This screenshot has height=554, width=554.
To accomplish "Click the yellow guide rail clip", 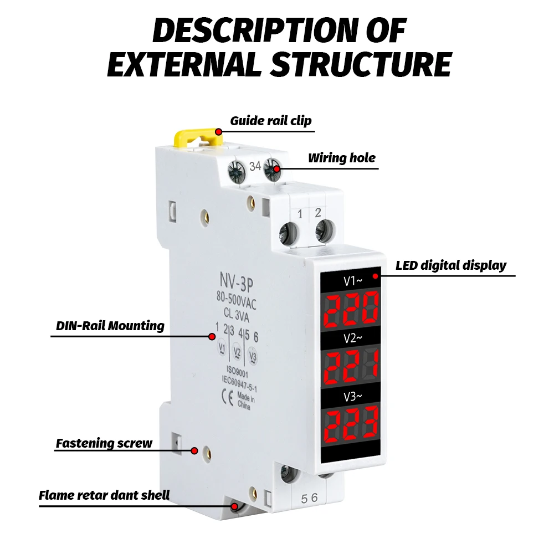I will tap(197, 136).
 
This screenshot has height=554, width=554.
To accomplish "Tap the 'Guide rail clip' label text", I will tap(271, 121).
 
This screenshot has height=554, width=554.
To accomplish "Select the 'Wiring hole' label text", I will tap(342, 158).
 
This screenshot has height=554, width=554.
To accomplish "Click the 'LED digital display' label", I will tap(451, 265).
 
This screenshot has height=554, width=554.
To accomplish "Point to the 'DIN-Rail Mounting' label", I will tap(110, 325).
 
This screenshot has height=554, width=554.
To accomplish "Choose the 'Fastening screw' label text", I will tap(104, 443).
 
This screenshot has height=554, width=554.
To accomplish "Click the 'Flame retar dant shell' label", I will tap(104, 495).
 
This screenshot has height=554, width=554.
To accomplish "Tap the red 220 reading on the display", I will tap(351, 308).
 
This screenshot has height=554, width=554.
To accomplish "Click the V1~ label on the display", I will tap(352, 281).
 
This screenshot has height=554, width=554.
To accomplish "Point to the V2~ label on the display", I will tap(352, 338).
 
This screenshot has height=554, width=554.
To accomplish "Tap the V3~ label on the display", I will tap(352, 396).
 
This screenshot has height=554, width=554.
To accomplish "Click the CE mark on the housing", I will tap(227, 397).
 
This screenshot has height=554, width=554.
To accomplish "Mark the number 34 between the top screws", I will tap(255, 166).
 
